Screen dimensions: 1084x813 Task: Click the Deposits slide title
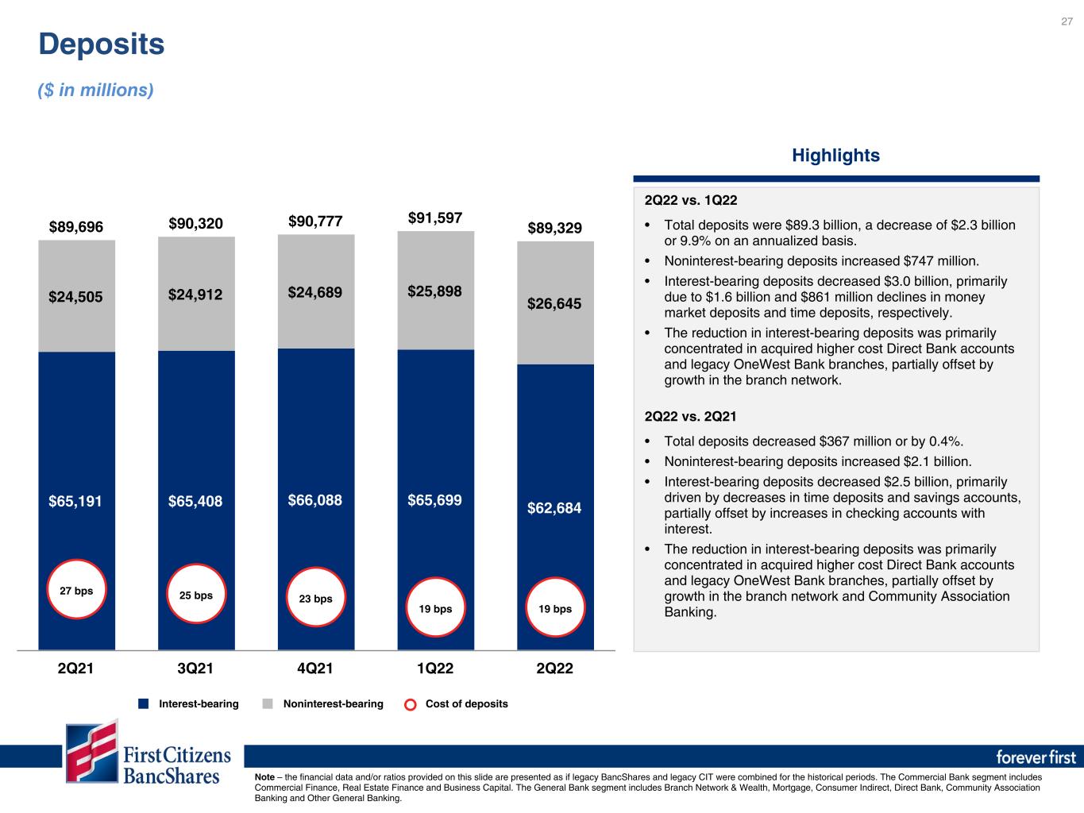[101, 44]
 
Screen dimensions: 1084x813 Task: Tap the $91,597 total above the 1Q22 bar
[435, 218]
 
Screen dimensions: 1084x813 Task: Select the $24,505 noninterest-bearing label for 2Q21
[75, 297]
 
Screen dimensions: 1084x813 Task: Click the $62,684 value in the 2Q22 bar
[554, 508]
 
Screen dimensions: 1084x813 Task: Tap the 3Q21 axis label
[195, 669]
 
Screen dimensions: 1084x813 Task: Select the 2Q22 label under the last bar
[554, 669]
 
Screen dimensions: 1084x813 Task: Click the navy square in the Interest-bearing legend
[143, 704]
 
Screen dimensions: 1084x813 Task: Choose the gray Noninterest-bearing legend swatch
[268, 704]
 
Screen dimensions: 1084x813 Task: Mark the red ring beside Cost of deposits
[411, 699]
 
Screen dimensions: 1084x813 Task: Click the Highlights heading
[835, 156]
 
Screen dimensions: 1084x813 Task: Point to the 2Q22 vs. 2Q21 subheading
[690, 417]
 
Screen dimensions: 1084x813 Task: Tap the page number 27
[1067, 21]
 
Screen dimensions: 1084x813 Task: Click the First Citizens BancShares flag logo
[92, 751]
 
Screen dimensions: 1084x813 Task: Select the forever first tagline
[1036, 757]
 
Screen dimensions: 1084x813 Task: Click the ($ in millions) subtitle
[96, 91]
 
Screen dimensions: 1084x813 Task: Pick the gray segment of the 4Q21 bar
[316, 291]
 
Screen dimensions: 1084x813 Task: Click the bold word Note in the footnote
[264, 777]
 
